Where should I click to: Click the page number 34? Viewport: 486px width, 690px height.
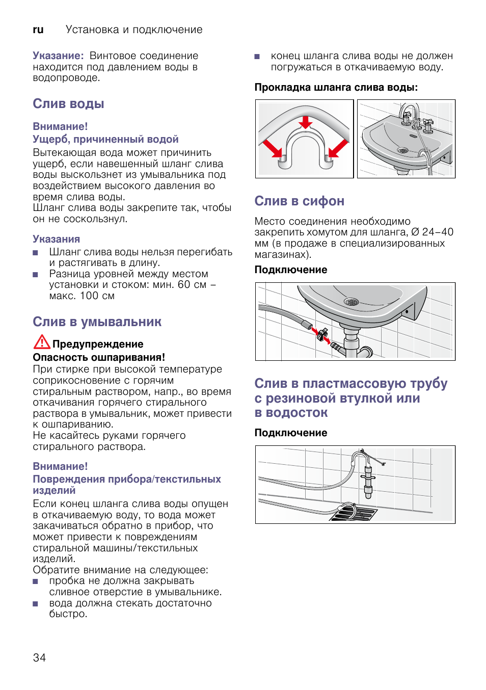click(39, 657)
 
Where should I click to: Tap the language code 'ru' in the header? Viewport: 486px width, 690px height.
click(38, 30)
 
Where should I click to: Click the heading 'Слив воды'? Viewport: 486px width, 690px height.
click(68, 103)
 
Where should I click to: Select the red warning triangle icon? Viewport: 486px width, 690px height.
click(41, 342)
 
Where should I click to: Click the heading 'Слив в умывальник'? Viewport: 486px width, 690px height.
click(97, 322)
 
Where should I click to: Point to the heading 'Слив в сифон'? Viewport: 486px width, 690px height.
click(299, 201)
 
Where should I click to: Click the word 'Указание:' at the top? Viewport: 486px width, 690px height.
click(58, 56)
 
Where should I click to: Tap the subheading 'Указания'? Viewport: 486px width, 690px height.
click(56, 239)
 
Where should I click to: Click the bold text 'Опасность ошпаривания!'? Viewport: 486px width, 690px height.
click(99, 357)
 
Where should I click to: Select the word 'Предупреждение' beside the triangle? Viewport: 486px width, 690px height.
click(98, 344)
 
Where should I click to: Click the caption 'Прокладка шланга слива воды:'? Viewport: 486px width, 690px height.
click(336, 87)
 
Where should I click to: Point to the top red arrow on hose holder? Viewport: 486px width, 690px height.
click(306, 122)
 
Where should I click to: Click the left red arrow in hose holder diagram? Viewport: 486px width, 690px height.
click(272, 148)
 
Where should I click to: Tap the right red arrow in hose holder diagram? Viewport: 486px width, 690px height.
click(338, 148)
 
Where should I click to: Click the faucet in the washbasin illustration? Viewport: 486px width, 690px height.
click(409, 116)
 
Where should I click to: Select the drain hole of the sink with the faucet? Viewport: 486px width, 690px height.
click(402, 150)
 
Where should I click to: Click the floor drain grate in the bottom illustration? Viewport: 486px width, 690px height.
click(353, 512)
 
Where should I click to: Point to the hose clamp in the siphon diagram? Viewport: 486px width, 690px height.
click(321, 335)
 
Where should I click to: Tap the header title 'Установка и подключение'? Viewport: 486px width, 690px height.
click(134, 30)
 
